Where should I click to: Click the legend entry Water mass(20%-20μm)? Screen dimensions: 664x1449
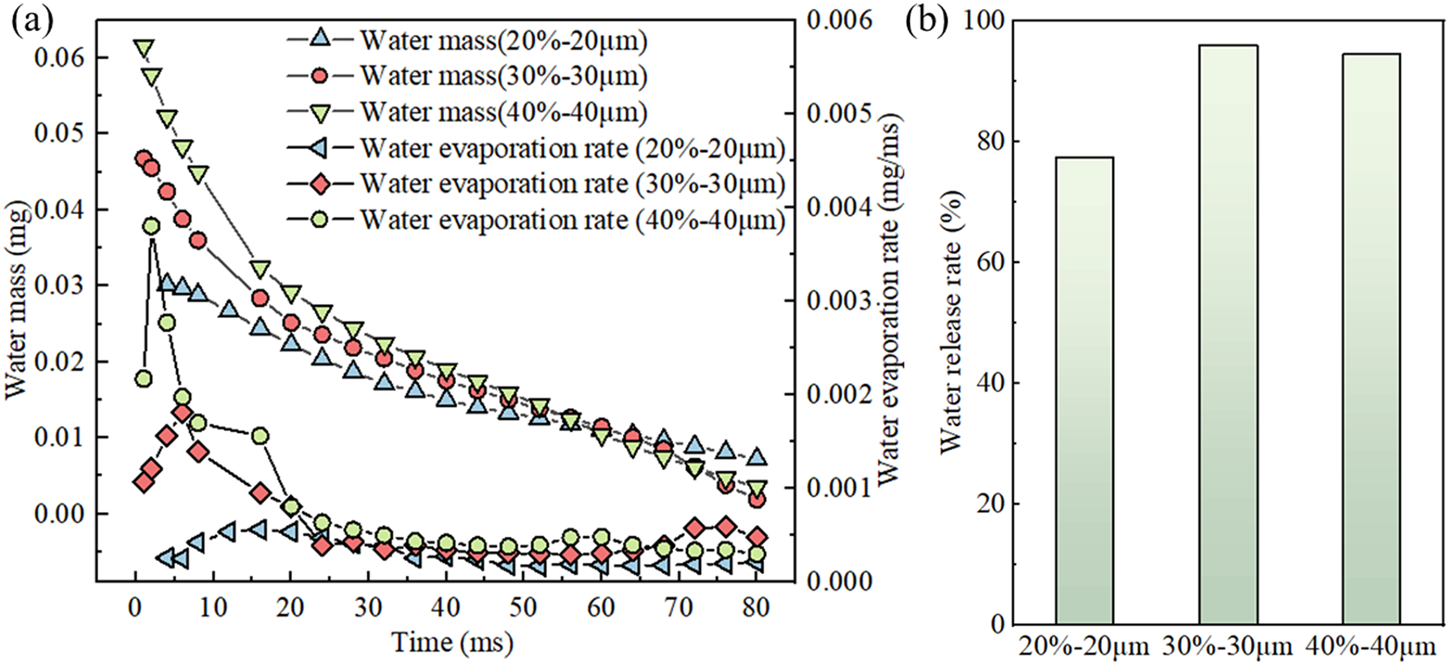pyautogui.click(x=504, y=40)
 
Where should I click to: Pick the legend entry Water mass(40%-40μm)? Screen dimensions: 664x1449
pyautogui.click(x=504, y=112)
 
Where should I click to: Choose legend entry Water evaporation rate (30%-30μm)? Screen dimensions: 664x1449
pyautogui.click(x=573, y=184)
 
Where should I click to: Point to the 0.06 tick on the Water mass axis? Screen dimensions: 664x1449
pyautogui.click(x=59, y=58)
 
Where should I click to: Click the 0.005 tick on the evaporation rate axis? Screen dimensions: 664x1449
pyautogui.click(x=840, y=113)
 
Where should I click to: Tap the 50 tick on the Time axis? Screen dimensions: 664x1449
pyautogui.click(x=523, y=607)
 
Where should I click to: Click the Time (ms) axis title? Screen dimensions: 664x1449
pyautogui.click(x=453, y=642)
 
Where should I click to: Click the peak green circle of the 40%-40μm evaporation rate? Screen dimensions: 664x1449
pyautogui.click(x=152, y=226)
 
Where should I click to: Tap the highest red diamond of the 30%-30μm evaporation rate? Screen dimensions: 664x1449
pyautogui.click(x=182, y=413)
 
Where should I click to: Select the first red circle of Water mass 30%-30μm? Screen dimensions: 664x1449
pyautogui.click(x=143, y=159)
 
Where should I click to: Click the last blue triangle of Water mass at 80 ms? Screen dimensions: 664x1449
pyautogui.click(x=757, y=457)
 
